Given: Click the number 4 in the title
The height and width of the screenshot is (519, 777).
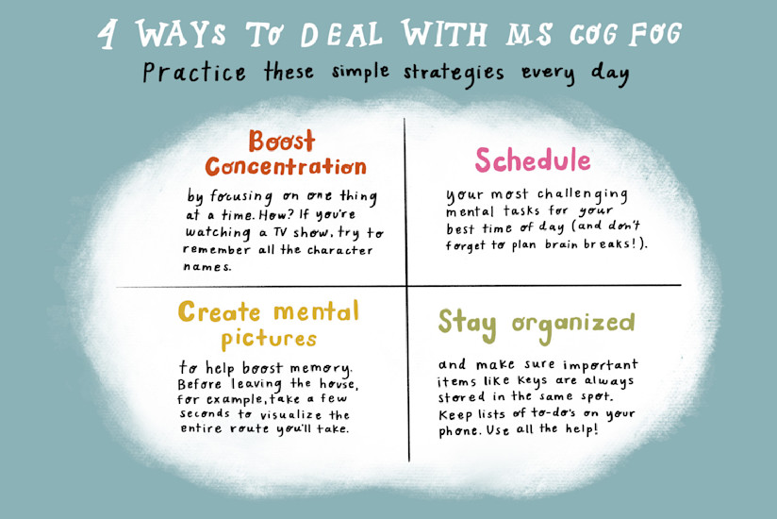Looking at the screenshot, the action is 110,36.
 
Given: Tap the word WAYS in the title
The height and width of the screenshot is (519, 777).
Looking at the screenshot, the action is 179,35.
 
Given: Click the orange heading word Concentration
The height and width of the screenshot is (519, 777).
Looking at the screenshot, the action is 286,167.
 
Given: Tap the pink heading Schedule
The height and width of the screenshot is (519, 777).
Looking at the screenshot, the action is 533,160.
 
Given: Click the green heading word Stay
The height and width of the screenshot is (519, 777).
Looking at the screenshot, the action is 467,324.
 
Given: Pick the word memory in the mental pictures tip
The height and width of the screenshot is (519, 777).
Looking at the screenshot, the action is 321,366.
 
